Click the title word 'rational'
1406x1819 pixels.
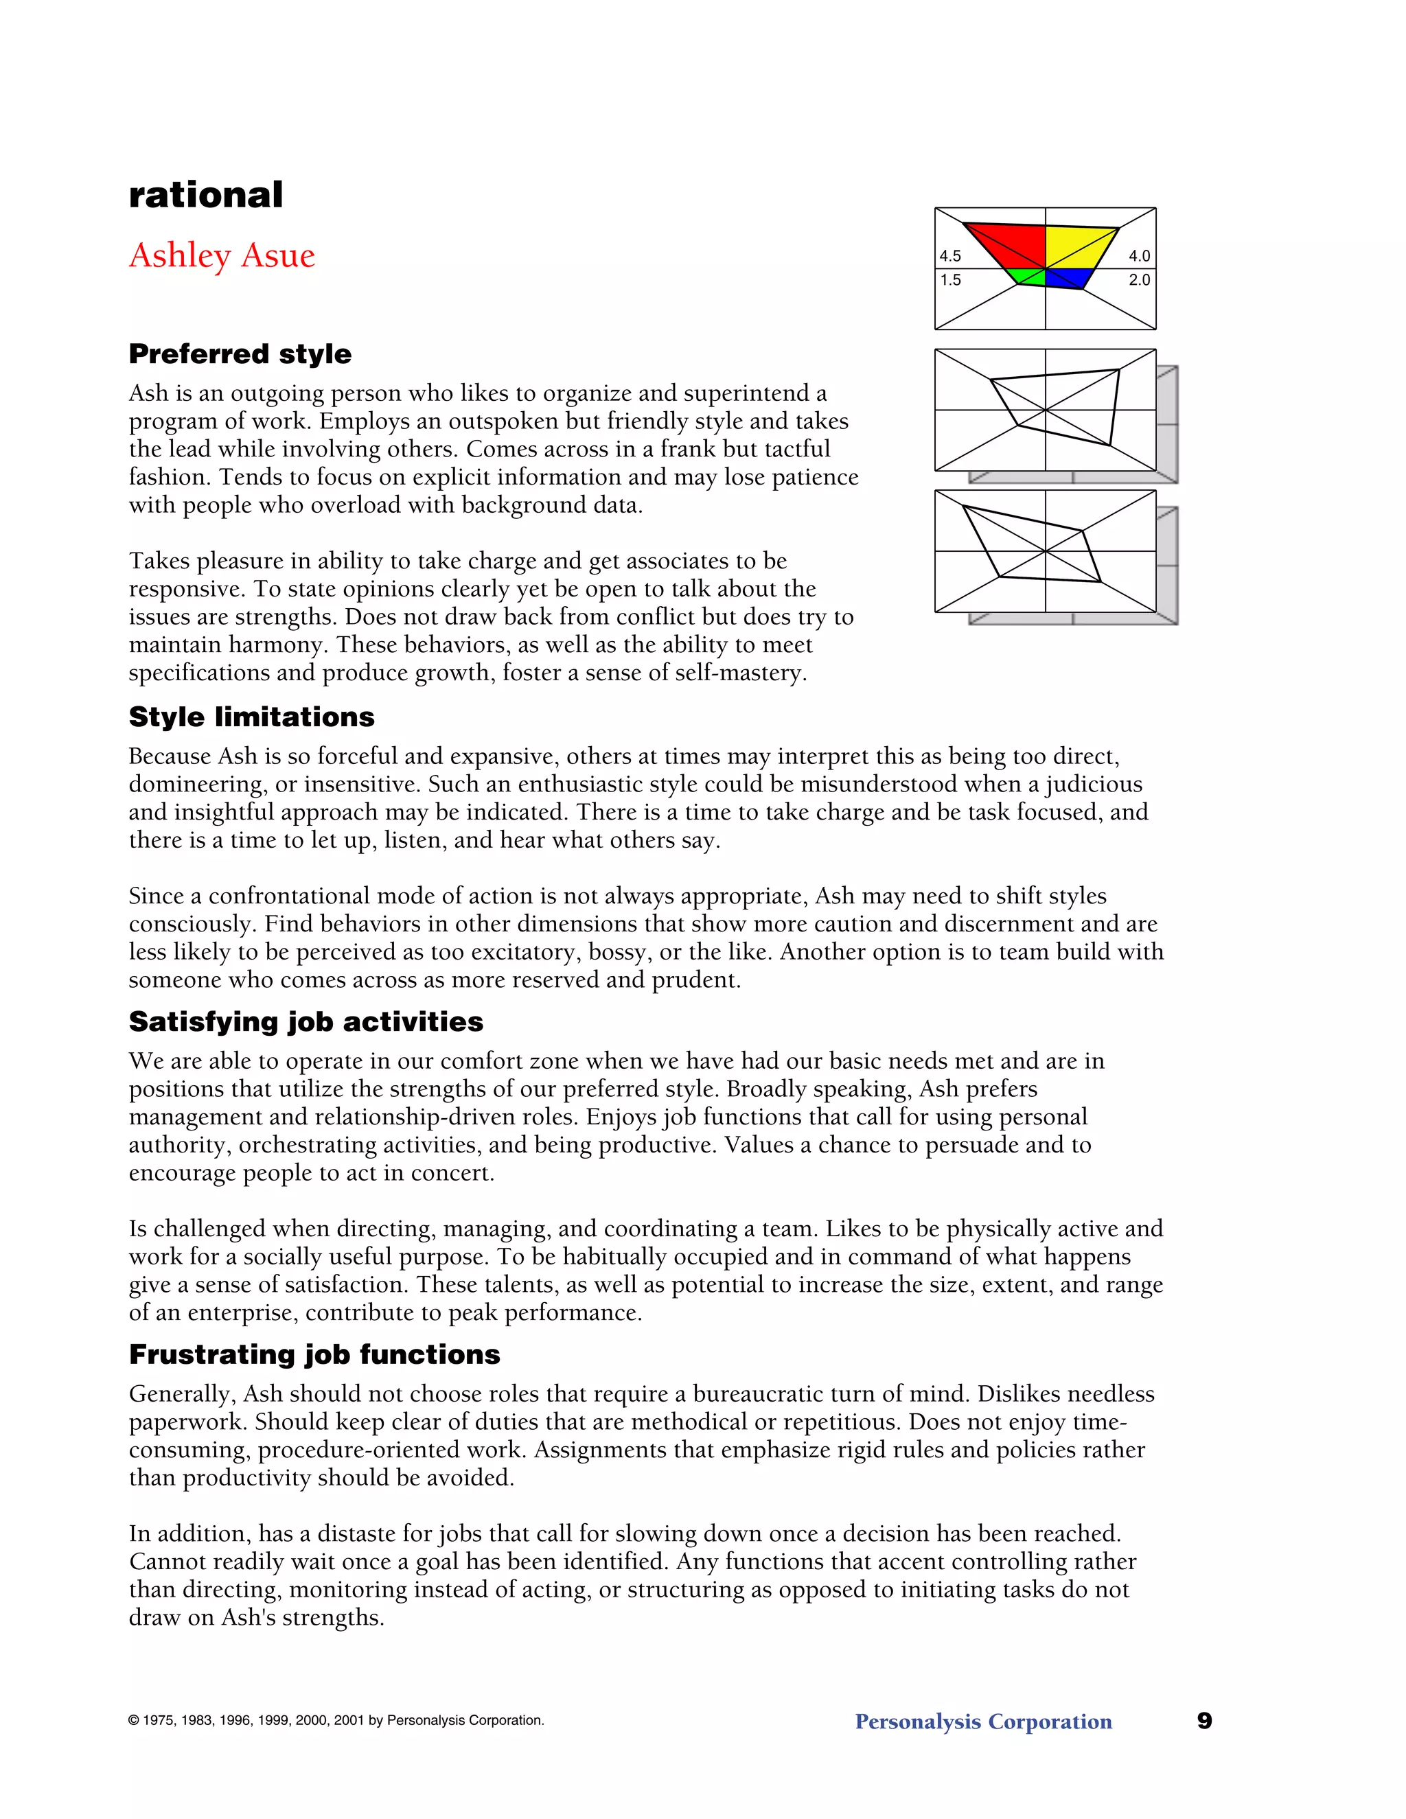[206, 195]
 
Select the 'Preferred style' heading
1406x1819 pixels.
[240, 354]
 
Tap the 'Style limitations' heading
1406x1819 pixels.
[251, 717]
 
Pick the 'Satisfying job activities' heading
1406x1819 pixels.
[306, 1022]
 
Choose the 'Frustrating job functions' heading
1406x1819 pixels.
[314, 1355]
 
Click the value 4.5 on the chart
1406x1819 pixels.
[950, 256]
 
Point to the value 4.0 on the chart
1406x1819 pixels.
[1139, 256]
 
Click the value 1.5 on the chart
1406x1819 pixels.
[950, 280]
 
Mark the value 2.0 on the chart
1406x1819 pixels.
[1139, 280]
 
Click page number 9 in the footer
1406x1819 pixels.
[1204, 1721]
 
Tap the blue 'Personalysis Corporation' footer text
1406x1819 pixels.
[983, 1722]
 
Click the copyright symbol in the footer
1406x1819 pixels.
[133, 1721]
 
